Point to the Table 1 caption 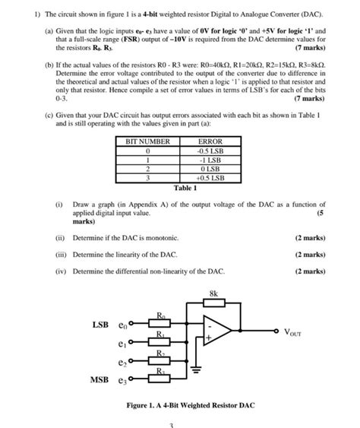(185, 188)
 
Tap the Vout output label (292, 332)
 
